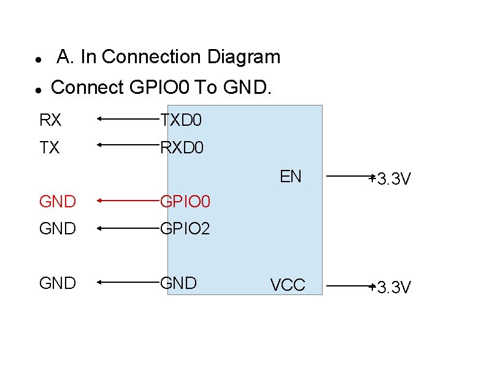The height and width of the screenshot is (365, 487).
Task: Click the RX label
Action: [50, 120]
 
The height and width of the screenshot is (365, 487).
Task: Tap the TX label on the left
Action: [50, 148]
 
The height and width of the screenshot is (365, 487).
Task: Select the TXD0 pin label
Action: [180, 120]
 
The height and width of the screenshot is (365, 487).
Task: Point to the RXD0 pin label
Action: [182, 148]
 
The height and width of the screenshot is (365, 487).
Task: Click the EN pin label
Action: [291, 177]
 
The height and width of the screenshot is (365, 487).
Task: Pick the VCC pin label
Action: [288, 285]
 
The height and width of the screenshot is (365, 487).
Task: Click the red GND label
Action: [58, 201]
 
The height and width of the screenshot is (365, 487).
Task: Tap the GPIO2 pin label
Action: [185, 229]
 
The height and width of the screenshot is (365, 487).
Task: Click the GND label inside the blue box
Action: [178, 283]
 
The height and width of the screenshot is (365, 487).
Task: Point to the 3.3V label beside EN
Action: [392, 179]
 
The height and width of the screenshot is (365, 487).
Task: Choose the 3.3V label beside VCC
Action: [392, 286]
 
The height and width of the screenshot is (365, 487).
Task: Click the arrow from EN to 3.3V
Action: [350, 177]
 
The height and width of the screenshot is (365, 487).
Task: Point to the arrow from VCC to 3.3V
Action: [350, 285]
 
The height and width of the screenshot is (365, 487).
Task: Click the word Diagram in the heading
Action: [243, 57]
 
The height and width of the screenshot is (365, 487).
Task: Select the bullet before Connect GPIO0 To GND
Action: [38, 90]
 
